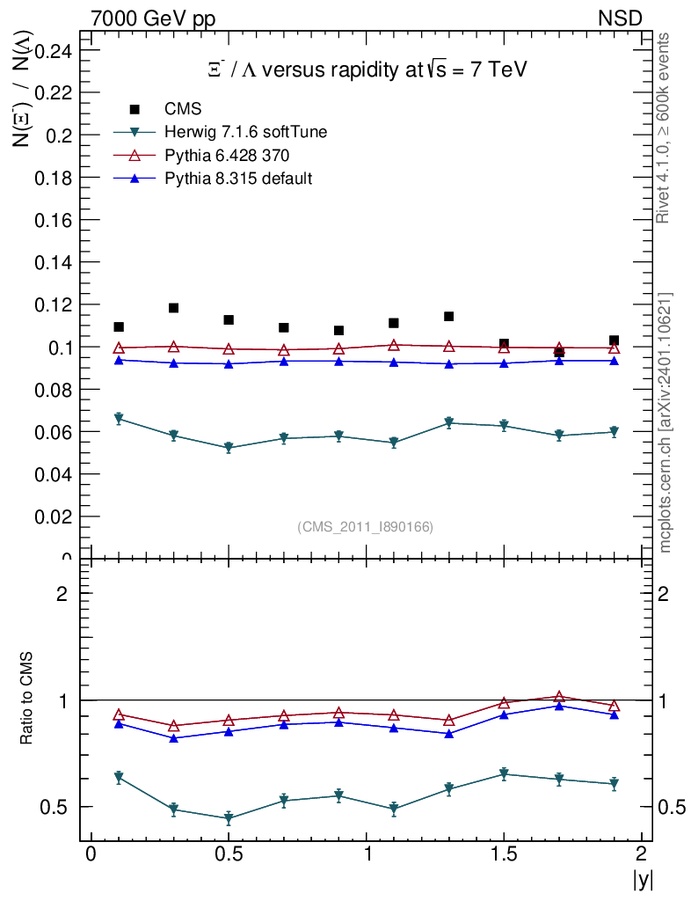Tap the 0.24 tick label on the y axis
click(53, 51)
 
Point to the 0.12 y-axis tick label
click(53, 304)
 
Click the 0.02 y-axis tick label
click(53, 516)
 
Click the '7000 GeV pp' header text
click(153, 18)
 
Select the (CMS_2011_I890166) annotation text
click(365, 527)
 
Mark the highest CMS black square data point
click(174, 308)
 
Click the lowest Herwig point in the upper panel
click(229, 448)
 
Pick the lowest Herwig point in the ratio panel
click(229, 818)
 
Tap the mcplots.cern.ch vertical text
click(666, 422)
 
